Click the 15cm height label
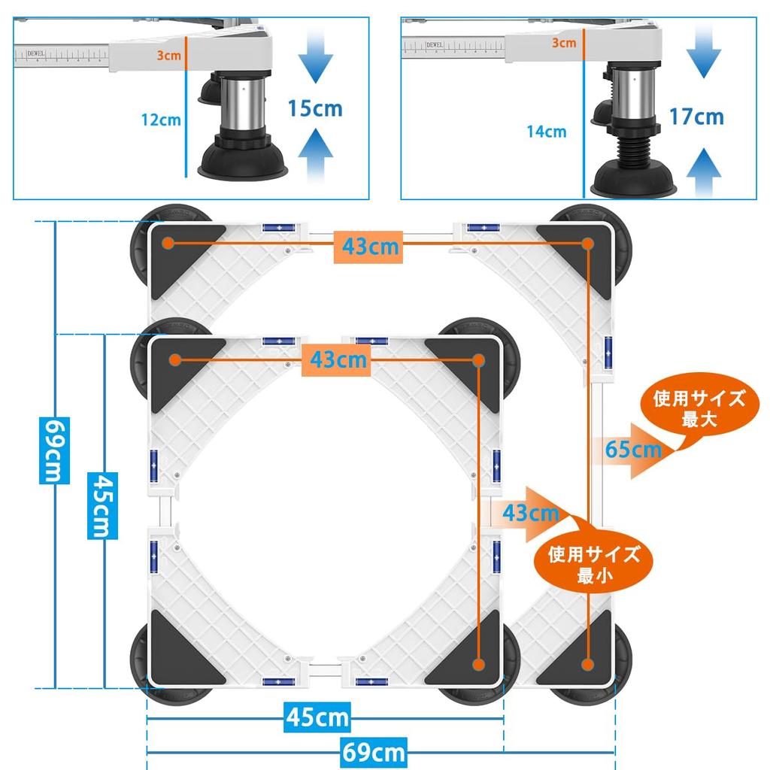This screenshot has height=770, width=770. click(x=314, y=108)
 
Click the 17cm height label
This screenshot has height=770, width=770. click(x=696, y=116)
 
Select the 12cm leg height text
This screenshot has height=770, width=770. click(x=161, y=119)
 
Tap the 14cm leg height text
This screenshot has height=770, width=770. click(x=546, y=132)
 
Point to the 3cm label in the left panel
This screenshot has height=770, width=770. click(x=168, y=55)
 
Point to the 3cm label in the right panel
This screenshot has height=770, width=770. click(x=564, y=43)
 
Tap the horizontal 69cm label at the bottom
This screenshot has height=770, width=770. click(x=374, y=751)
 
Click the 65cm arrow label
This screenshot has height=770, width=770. click(x=634, y=450)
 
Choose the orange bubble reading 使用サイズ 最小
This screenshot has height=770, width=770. click(x=593, y=565)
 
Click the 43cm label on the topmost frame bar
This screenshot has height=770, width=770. click(x=369, y=246)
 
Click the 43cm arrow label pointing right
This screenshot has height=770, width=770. click(x=531, y=514)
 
